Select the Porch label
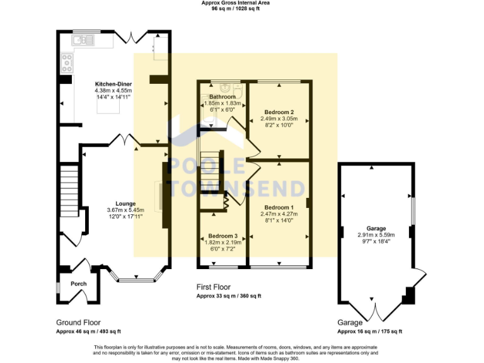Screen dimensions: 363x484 (78, 284)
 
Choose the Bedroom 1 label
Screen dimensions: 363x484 (279, 207)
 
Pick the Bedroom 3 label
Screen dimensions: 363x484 (223, 236)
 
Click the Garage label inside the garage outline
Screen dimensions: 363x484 (376, 228)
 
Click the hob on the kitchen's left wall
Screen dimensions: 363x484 (66, 62)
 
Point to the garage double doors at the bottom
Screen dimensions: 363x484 (376, 312)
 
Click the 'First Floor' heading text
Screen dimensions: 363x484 (214, 287)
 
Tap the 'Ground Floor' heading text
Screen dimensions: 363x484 (78, 322)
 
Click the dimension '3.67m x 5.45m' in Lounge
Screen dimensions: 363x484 (125, 210)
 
